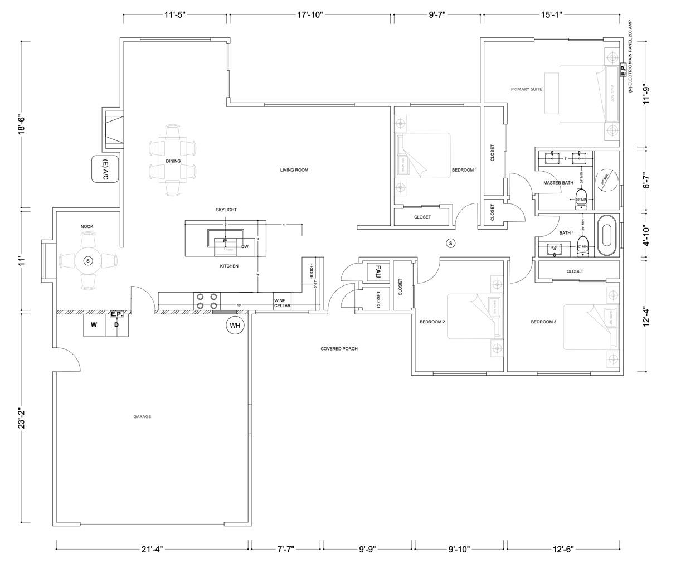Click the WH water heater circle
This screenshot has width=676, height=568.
[235, 325]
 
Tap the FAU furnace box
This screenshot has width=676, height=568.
[377, 272]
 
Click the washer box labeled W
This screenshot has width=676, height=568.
[94, 325]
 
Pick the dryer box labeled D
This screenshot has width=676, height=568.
[117, 325]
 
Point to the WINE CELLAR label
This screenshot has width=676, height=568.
[282, 303]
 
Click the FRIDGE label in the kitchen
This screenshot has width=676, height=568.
[312, 271]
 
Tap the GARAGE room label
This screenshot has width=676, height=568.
[142, 416]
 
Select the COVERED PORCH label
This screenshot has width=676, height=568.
[339, 349]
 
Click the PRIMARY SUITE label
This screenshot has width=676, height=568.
[527, 89]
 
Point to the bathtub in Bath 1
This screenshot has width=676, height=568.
[607, 235]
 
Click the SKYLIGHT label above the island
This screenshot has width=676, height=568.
[226, 210]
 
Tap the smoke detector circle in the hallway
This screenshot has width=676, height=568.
[451, 243]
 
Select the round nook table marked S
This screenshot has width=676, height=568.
[88, 261]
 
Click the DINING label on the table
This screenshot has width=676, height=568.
[173, 161]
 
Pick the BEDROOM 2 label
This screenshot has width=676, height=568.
[432, 322]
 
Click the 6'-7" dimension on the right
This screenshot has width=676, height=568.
[646, 180]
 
